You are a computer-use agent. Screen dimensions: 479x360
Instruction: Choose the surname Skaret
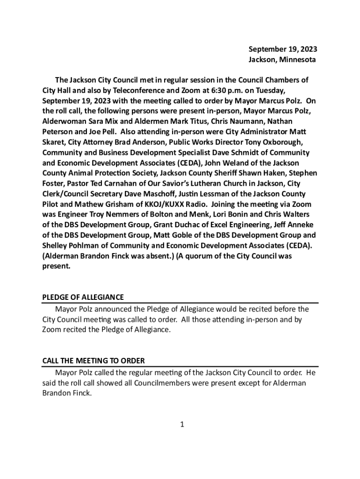pyautogui.click(x=55, y=142)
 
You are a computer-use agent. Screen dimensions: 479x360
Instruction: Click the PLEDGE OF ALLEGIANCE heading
pyautogui.click(x=83, y=297)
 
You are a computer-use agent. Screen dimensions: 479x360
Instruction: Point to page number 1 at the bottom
pyautogui.click(x=183, y=425)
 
